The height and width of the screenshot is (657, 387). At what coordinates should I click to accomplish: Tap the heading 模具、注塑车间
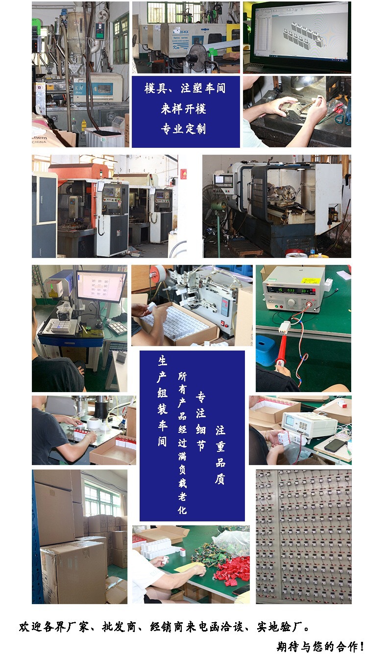(185, 89)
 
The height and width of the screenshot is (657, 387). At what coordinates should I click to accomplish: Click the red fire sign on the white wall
(184, 173)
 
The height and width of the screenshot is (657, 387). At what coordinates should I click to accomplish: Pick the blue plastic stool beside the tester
(267, 351)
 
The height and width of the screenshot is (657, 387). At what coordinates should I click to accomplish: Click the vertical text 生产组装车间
(163, 401)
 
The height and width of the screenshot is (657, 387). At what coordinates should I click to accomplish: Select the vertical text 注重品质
(220, 455)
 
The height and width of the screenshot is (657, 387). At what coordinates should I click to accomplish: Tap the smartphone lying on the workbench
(335, 445)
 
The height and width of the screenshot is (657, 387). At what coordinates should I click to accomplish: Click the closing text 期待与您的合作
(320, 646)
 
